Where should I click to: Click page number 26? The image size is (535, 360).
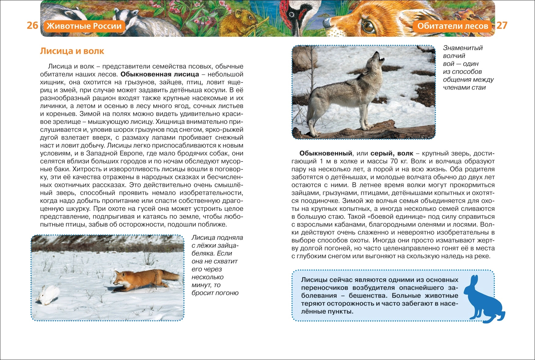pos(32,25)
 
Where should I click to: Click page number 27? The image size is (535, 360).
pos(502,25)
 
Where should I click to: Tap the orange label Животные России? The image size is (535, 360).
pos(84,26)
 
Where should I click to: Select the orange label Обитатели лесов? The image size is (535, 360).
pos(453,26)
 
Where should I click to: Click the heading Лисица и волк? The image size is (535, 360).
pos(72,51)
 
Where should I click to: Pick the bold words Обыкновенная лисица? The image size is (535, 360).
pos(160,74)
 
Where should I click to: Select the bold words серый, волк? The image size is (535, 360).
pos(392,153)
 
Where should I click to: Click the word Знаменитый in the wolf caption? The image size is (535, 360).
pos(463,48)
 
